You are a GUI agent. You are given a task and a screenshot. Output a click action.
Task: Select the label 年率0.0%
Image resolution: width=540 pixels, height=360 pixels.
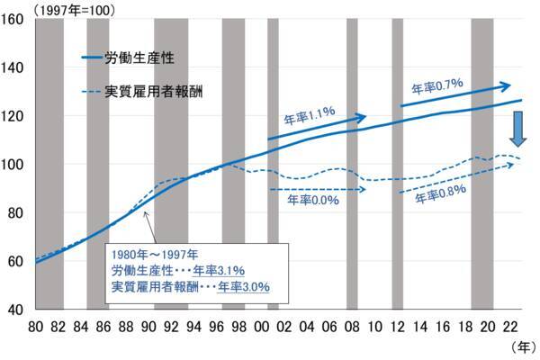(315, 201)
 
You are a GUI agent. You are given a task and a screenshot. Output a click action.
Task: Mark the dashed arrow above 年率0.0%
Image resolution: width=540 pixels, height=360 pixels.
(317, 189)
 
